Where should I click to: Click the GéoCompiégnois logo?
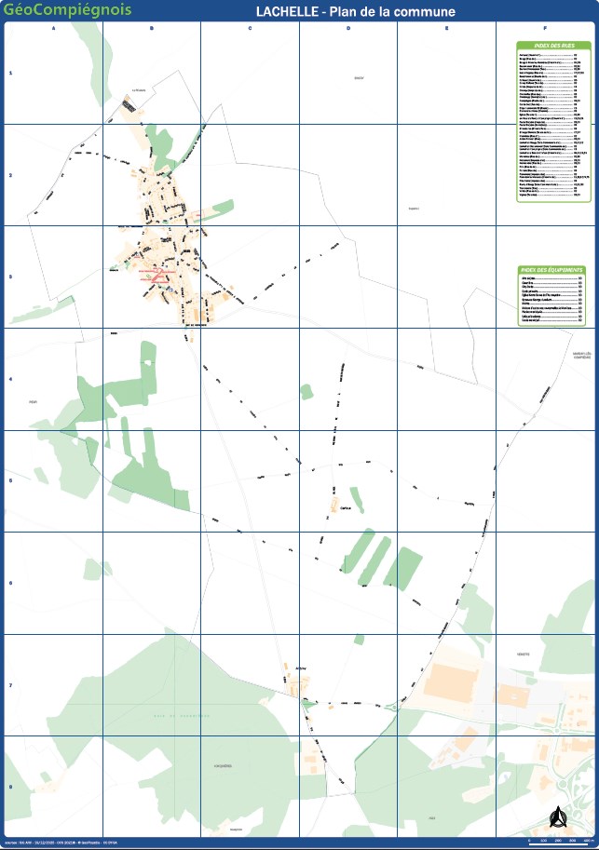tap(68, 10)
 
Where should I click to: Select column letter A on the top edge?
tap(54, 29)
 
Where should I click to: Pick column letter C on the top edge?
tap(250, 29)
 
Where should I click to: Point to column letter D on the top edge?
tap(348, 29)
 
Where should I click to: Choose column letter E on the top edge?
tap(447, 29)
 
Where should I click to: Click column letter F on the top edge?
tap(545, 29)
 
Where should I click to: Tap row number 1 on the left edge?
tap(10, 73)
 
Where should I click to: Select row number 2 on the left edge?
tap(10, 175)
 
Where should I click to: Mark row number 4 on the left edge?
tap(10, 380)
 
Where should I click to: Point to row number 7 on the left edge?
tap(10, 686)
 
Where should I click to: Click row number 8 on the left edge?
tap(10, 788)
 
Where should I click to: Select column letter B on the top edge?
tap(152, 29)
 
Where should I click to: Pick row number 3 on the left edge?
tap(10, 277)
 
